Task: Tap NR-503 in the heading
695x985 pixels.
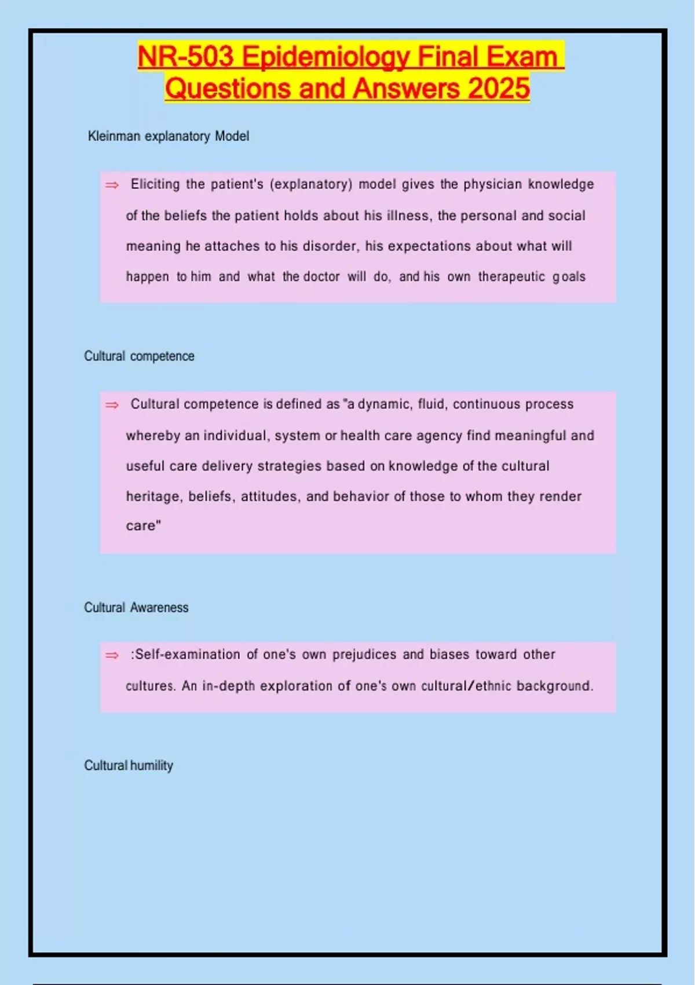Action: coord(186,57)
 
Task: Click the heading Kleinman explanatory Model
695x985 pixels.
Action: coord(169,136)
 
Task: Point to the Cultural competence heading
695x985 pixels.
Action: coord(139,356)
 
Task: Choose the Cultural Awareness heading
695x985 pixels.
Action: coord(136,607)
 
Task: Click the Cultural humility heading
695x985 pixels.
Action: coord(129,765)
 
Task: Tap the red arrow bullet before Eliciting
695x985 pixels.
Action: coord(112,185)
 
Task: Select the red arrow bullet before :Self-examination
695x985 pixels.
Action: coord(112,655)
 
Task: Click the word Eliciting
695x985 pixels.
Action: coord(155,184)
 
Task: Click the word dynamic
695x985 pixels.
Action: coord(384,404)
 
